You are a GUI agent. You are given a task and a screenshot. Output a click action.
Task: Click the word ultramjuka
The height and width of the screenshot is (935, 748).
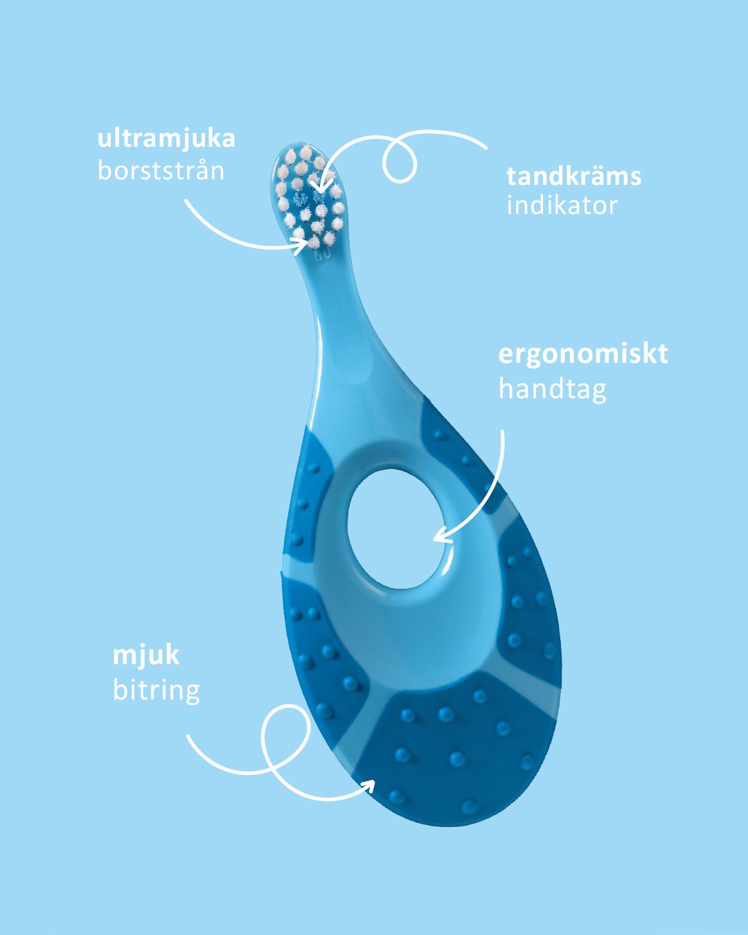click(x=166, y=139)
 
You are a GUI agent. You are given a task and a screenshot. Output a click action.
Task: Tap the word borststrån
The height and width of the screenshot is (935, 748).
click(x=161, y=170)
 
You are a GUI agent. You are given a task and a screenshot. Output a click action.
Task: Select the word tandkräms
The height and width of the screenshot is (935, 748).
click(x=573, y=176)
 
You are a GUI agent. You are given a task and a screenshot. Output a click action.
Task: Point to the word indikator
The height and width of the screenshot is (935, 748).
click(x=562, y=206)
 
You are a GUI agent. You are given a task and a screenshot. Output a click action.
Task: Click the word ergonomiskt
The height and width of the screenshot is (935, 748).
click(x=583, y=354)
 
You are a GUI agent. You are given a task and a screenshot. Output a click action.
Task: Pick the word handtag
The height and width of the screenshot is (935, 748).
click(x=552, y=389)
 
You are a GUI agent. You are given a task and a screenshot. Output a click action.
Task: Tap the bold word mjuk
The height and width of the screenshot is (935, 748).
click(x=146, y=655)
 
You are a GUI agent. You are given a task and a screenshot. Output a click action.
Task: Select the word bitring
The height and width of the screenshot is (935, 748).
click(x=157, y=690)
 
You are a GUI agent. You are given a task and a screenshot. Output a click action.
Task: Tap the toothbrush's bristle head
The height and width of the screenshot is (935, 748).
click(x=308, y=197)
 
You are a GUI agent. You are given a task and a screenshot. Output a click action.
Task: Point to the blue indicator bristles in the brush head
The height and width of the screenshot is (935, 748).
click(x=309, y=199)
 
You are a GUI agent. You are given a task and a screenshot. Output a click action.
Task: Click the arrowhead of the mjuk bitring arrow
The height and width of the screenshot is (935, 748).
click(x=370, y=785)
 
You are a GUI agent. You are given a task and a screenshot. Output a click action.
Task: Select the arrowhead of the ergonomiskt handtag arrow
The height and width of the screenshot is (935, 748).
click(x=439, y=537)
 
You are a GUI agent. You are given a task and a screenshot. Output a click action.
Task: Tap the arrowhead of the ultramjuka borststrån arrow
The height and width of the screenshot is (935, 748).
click(x=303, y=242)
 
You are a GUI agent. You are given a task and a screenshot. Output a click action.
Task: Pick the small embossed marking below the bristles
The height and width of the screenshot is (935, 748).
click(x=323, y=256)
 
